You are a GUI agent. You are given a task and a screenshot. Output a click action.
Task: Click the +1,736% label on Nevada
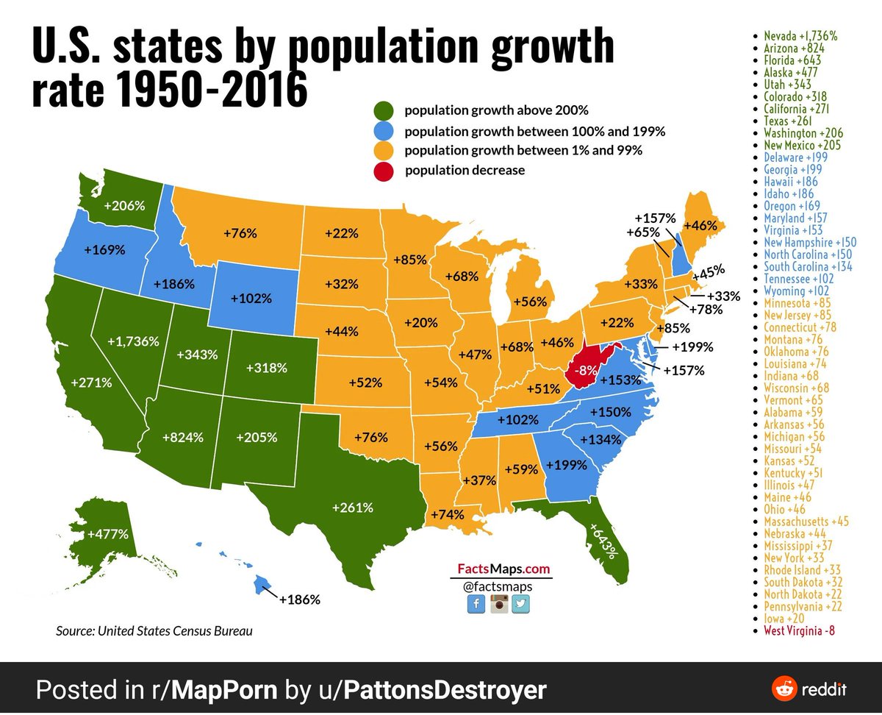[x=133, y=341]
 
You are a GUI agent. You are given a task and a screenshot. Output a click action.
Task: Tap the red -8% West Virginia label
[x=586, y=370]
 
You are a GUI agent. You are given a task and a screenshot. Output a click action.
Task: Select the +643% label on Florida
[x=603, y=541]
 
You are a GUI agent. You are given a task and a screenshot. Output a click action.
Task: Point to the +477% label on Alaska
[x=108, y=534]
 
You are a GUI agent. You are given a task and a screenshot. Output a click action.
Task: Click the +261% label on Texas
[x=353, y=508]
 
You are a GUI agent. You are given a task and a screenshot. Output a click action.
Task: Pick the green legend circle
[x=384, y=110]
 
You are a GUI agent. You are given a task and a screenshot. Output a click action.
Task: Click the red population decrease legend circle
[x=384, y=171]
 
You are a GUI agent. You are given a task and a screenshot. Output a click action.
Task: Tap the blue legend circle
[x=384, y=132]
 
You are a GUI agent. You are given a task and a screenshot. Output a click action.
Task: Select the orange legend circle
[x=384, y=151]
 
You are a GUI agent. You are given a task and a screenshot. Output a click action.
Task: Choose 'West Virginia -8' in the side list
[x=799, y=630]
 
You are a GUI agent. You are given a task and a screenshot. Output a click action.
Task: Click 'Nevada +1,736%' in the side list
[x=800, y=36]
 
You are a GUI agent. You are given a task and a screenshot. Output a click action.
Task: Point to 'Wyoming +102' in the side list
[x=796, y=291]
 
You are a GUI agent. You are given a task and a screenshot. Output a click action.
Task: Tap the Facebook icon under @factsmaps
[x=476, y=603]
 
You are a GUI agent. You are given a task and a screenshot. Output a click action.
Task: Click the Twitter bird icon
[x=520, y=603]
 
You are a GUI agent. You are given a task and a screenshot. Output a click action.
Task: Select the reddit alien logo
[x=784, y=689]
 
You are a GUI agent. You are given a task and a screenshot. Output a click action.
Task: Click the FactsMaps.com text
[x=503, y=569]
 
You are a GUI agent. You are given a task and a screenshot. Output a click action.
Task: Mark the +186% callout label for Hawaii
[x=299, y=600]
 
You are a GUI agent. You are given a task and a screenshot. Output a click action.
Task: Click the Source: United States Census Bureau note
[x=154, y=631]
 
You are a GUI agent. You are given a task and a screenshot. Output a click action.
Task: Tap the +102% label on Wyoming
[x=251, y=299]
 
